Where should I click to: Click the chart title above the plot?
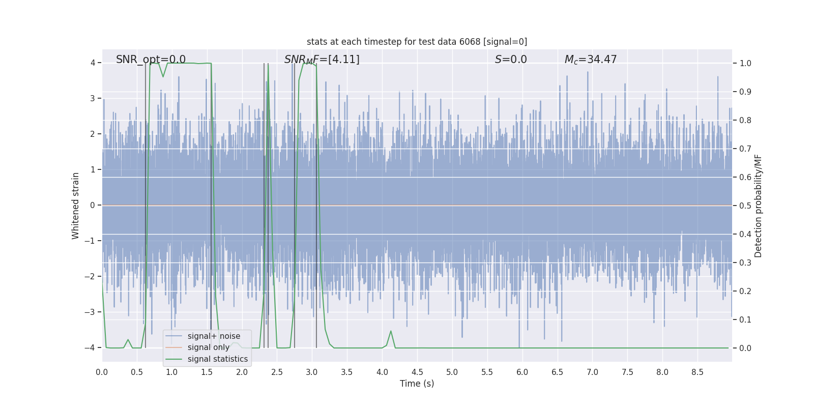(x=417, y=42)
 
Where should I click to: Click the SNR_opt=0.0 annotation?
(x=151, y=60)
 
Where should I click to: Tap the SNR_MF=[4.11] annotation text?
(x=322, y=60)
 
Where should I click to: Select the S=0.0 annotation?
(x=511, y=60)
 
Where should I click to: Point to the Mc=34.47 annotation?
(x=590, y=60)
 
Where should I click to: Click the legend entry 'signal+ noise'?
(x=214, y=336)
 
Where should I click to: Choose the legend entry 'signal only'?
(x=208, y=347)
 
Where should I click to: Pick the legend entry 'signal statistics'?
(x=217, y=359)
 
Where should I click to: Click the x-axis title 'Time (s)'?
(x=417, y=384)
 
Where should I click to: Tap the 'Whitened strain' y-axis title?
(x=76, y=206)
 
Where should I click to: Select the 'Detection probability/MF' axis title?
(x=758, y=206)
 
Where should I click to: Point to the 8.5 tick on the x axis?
(x=697, y=372)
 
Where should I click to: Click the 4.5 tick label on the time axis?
(x=417, y=372)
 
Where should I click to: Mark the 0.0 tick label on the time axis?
(x=102, y=372)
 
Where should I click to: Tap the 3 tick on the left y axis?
(x=93, y=98)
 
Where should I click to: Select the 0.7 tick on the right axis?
(x=745, y=149)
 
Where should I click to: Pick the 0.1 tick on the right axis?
(x=745, y=319)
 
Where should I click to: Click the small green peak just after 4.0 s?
(x=391, y=332)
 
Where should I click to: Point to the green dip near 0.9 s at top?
(x=163, y=76)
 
